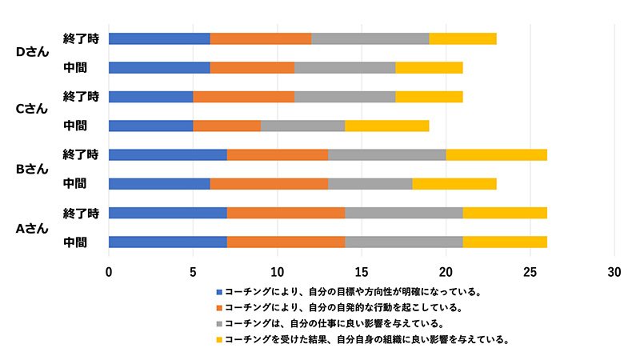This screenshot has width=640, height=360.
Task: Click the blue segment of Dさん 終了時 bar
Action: click(x=159, y=38)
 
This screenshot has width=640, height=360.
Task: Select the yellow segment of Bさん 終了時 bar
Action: click(x=497, y=154)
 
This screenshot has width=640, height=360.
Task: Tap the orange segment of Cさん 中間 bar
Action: click(x=226, y=126)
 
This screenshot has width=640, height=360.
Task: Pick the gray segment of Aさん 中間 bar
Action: click(x=404, y=242)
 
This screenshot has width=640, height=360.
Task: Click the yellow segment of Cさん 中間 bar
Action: click(x=387, y=126)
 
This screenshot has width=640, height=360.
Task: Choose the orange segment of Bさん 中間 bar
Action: click(x=269, y=183)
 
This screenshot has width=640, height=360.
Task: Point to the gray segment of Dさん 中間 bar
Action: click(x=345, y=67)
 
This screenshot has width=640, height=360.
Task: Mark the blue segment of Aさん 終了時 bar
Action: click(x=167, y=212)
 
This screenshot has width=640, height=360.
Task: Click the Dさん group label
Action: click(x=33, y=52)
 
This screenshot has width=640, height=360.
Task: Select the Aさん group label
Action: click(x=33, y=227)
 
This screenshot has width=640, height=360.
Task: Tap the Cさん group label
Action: click(x=33, y=110)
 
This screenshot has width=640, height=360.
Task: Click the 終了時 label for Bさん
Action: click(x=80, y=154)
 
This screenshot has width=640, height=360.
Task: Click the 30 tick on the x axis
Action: click(x=614, y=271)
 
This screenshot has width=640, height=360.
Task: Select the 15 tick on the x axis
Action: click(x=362, y=271)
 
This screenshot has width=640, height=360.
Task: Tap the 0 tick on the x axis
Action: click(x=109, y=271)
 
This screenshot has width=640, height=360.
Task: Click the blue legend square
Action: click(x=219, y=292)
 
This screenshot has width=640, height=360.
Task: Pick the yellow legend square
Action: click(x=219, y=339)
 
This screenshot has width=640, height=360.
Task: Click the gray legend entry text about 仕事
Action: click(x=334, y=323)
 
